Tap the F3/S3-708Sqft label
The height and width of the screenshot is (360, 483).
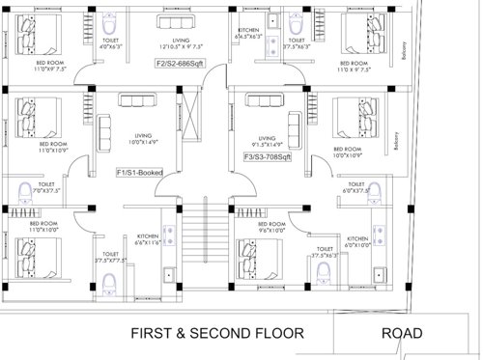268,154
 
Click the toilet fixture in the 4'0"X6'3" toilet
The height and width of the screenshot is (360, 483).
111,23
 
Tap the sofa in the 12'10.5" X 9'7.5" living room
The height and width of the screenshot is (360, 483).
175,23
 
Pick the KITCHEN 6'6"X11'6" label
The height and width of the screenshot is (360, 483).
149,238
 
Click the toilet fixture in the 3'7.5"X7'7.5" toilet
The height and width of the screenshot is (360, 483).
109,281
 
